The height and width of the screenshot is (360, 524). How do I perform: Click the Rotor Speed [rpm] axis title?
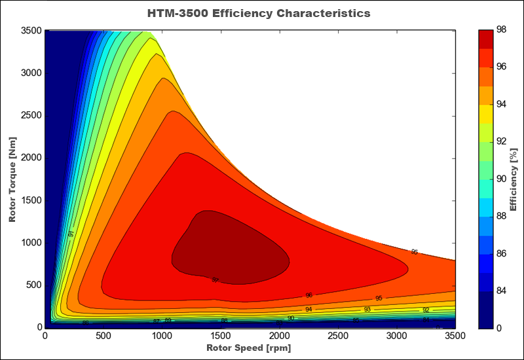250,348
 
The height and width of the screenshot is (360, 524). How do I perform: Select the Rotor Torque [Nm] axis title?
12,178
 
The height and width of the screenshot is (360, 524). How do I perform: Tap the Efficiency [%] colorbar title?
514,178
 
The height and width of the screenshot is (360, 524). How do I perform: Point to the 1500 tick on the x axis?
221,336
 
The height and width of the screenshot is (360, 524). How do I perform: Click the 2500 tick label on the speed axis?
338,336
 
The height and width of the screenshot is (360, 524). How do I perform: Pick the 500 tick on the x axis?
103,336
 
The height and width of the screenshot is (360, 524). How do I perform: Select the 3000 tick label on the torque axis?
31,73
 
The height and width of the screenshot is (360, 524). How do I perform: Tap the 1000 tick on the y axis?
31,243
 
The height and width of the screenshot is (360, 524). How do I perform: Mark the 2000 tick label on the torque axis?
31,158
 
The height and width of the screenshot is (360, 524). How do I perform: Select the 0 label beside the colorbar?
500,328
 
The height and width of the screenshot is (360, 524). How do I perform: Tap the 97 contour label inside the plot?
215,280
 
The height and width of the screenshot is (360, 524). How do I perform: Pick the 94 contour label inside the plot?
309,310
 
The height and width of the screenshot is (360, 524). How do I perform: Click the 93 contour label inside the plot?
367,309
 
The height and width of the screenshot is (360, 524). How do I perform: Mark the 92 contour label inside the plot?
426,310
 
